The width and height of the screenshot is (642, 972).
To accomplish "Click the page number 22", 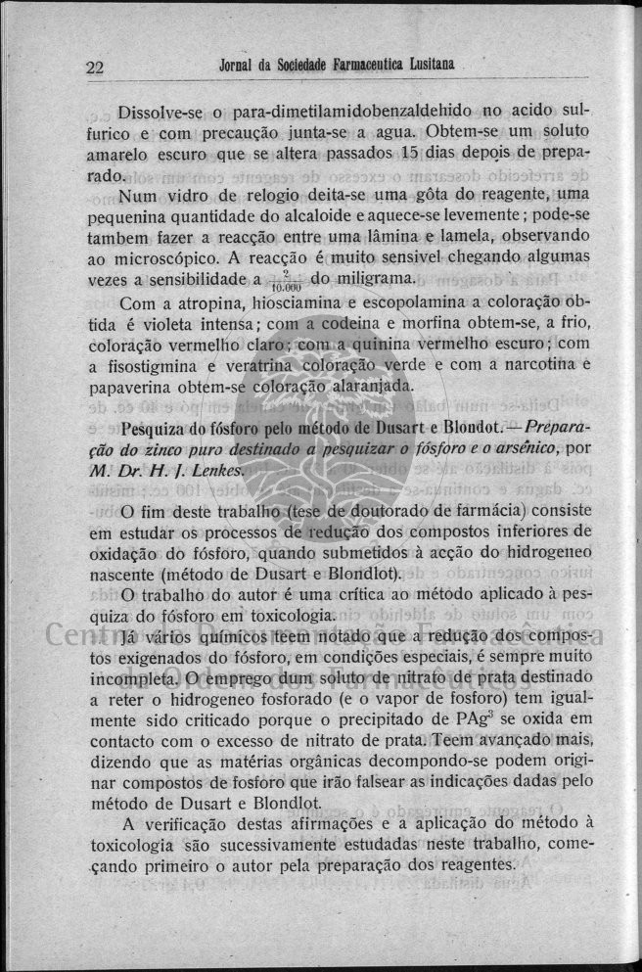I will tap(95, 68).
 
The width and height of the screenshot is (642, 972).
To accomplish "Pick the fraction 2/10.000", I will tap(285, 282).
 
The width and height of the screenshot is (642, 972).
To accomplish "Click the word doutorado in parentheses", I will tap(384, 512).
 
